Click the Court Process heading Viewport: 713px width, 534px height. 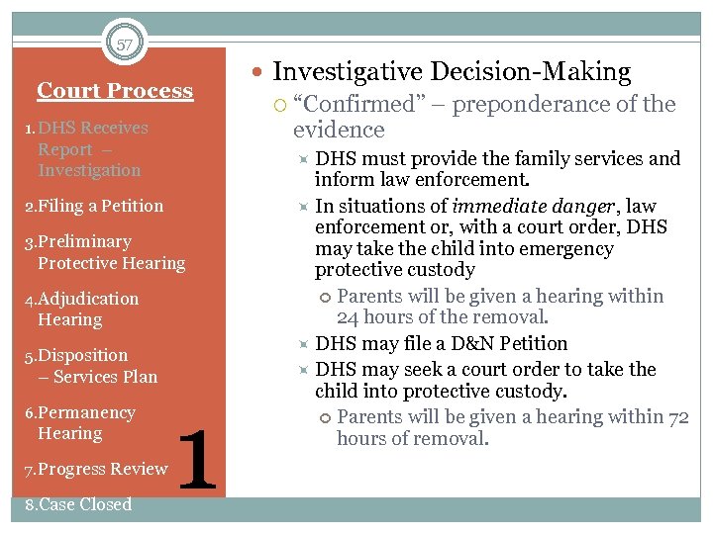[115, 91]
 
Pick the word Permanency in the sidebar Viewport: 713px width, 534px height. [86, 412]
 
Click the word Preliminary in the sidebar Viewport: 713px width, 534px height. [84, 241]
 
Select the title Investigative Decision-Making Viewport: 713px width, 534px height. [452, 71]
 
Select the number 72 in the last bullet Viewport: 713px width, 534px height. [677, 417]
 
